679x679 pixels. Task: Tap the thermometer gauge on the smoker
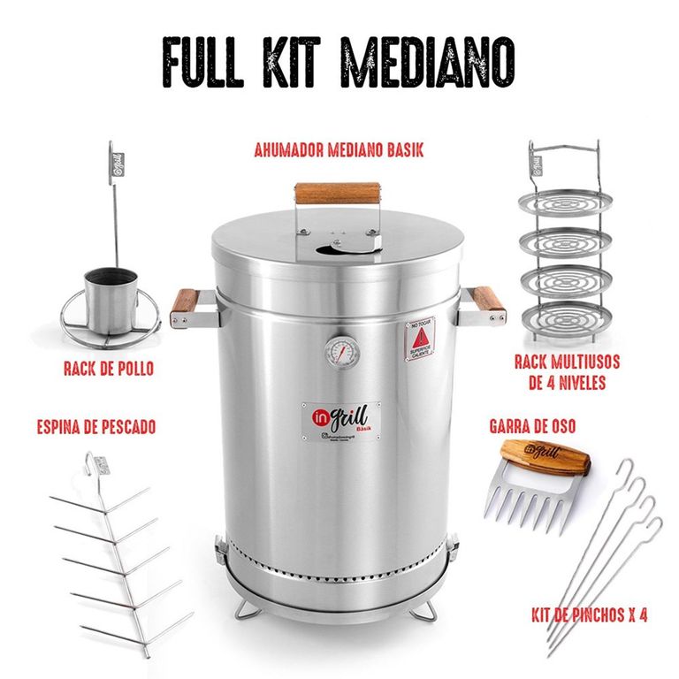coord(342,352)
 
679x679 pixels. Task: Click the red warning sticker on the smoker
coord(421,339)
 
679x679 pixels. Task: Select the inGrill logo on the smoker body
coord(340,416)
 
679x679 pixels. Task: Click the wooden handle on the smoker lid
coord(338,192)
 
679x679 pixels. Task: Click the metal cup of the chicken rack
coord(111,301)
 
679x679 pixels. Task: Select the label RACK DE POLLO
coord(108,368)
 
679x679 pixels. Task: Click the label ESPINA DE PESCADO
coord(97,427)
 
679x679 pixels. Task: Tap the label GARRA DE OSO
coord(531,426)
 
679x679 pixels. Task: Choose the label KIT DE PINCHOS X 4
coord(589,614)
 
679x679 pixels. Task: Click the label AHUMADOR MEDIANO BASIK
coord(339,150)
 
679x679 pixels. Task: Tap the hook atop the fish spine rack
coord(91,462)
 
